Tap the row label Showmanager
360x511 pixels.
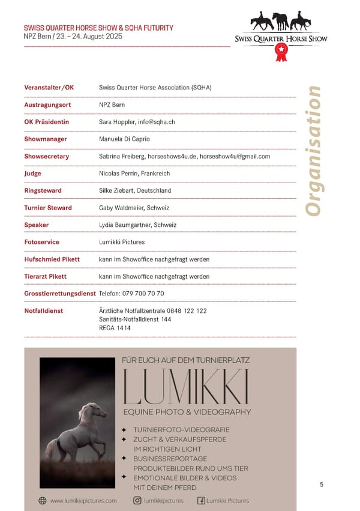(x=46, y=139)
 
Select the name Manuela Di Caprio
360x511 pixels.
(x=124, y=139)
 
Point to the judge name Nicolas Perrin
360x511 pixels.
(x=118, y=174)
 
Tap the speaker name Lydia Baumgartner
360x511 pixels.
(x=124, y=225)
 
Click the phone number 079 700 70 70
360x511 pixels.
(x=144, y=294)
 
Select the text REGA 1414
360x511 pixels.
(x=115, y=328)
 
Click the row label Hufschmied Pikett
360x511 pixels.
(x=52, y=259)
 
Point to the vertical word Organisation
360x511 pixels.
(x=313, y=150)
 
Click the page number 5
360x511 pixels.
(x=322, y=485)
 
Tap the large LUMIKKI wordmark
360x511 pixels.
(x=185, y=387)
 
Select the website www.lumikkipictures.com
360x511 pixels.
(x=83, y=500)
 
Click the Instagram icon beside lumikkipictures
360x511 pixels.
(x=137, y=500)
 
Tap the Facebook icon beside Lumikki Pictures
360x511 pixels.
(x=201, y=500)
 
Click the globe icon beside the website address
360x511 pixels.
(x=43, y=500)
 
